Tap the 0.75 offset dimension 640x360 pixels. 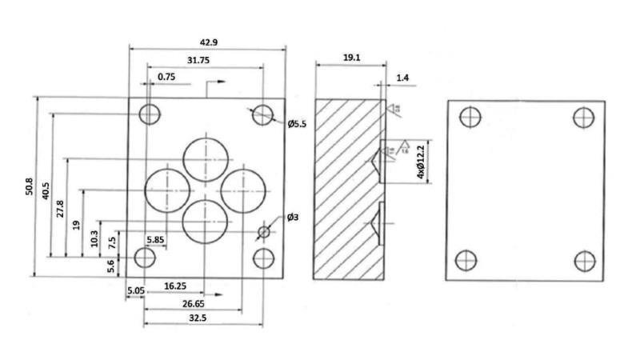166,77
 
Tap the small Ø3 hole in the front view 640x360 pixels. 264,232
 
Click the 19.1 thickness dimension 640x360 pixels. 349,58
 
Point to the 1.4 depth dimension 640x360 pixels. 402,78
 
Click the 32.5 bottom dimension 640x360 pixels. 202,318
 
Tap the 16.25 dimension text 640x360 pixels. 176,285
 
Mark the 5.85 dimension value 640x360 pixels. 155,239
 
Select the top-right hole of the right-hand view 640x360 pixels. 584,118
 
